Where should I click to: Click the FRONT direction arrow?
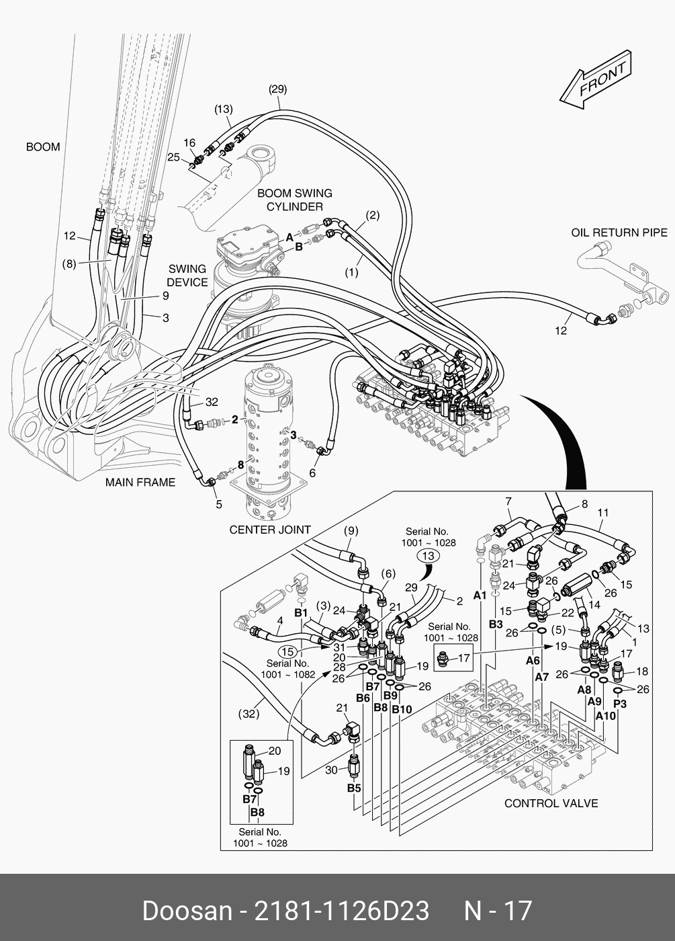coord(596,85)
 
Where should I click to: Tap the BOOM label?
coord(43,147)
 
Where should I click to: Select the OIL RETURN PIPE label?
coord(619,233)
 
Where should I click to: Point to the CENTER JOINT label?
coord(270,529)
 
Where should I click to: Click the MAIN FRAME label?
coord(140,482)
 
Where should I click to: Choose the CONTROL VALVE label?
coord(551,803)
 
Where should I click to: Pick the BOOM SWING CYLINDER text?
coord(294,200)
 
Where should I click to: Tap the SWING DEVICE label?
coord(187,275)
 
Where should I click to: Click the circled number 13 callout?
coord(429,555)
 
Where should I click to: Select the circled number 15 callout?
coord(288,651)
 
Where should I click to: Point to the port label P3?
coord(620,703)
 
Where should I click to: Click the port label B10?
coord(402,710)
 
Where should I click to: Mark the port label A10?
coord(605,716)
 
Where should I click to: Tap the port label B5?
coord(354,787)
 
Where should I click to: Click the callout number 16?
coord(189,143)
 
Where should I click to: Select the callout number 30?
coord(331,770)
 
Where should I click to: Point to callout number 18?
coord(641,671)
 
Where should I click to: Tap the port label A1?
coord(480,595)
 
